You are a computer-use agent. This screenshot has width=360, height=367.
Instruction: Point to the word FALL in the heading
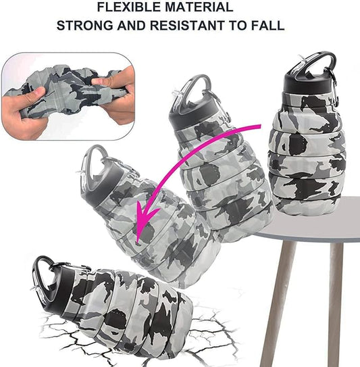(x=268, y=27)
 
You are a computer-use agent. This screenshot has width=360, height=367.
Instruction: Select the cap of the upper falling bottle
(x=196, y=112)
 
